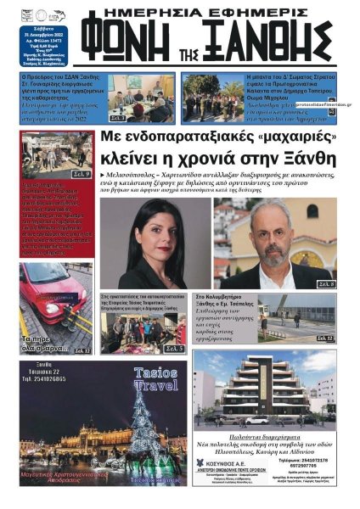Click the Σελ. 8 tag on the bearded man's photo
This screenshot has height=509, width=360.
pyautogui.click(x=326, y=282)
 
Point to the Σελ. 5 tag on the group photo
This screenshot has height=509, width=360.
pyautogui.click(x=173, y=349)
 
